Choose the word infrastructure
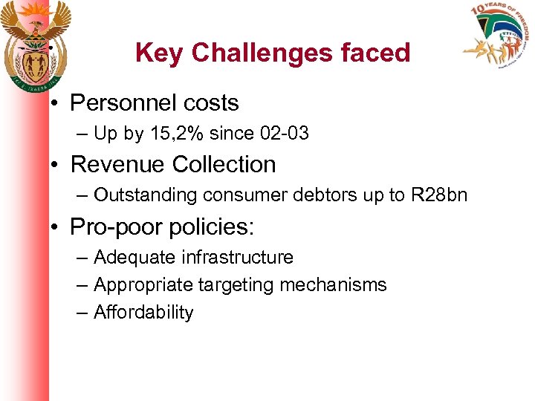[236, 258]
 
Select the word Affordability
[143, 313]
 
